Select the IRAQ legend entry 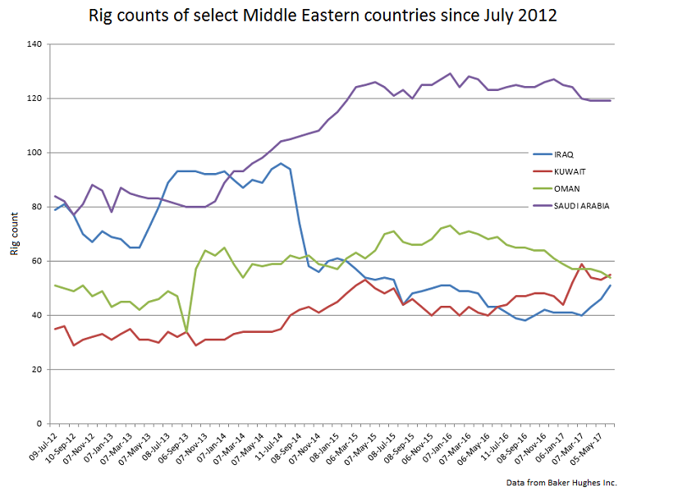[565, 153]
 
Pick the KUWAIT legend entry [569, 171]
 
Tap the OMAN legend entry [566, 189]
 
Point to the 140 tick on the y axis [34, 44]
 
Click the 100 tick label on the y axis [34, 153]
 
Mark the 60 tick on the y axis [37, 261]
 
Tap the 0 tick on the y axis [39, 424]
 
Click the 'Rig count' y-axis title [14, 234]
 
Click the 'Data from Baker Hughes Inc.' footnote [561, 482]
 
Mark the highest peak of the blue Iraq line [281, 163]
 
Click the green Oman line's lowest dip [186, 332]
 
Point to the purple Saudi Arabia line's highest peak [450, 74]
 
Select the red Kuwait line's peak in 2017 [582, 265]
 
